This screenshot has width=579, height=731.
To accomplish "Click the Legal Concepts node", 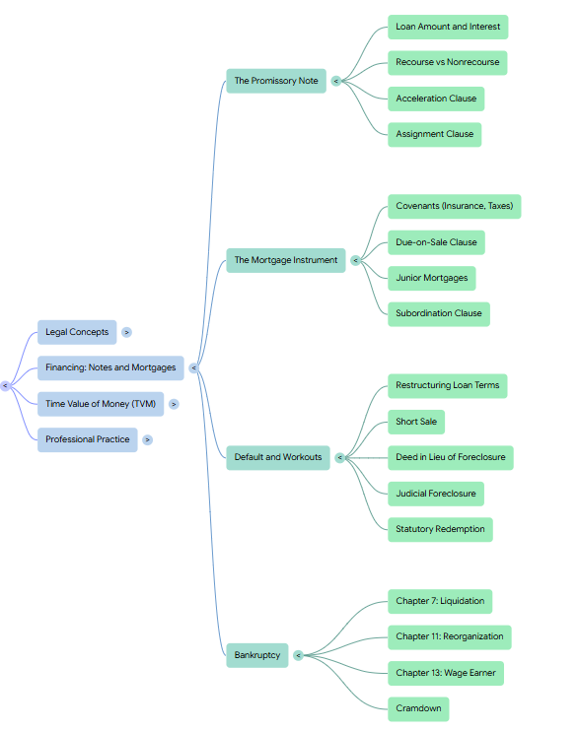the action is click(x=77, y=332).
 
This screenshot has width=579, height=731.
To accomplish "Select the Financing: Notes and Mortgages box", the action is click(x=110, y=367).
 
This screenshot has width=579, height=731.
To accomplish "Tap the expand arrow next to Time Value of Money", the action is click(x=174, y=404).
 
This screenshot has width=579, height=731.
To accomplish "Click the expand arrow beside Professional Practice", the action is click(x=148, y=439).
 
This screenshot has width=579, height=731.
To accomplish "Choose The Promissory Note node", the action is click(x=276, y=81).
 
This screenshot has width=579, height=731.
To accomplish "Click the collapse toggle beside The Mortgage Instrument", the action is click(x=355, y=261).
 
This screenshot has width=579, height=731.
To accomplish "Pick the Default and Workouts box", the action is click(x=278, y=457).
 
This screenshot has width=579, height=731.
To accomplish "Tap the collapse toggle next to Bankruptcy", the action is click(x=298, y=655).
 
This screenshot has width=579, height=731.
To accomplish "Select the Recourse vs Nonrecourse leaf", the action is click(x=448, y=62).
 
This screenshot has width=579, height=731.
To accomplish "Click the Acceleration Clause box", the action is click(x=436, y=99).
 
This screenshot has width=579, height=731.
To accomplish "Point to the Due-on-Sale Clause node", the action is click(x=436, y=242).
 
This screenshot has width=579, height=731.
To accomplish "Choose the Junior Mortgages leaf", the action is click(x=431, y=279).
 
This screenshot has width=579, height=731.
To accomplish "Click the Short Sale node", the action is click(x=416, y=422).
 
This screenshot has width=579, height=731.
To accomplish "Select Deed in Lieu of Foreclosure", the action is click(x=451, y=458).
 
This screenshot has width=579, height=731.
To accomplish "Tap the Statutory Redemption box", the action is click(x=440, y=530).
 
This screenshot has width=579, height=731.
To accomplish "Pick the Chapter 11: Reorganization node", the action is click(x=450, y=637).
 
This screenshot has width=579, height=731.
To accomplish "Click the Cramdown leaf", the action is click(x=418, y=709).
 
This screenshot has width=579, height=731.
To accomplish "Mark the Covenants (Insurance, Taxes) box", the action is click(x=455, y=207).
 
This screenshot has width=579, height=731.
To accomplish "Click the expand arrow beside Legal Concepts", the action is click(x=126, y=332).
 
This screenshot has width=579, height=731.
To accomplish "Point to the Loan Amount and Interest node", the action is click(x=448, y=27).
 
